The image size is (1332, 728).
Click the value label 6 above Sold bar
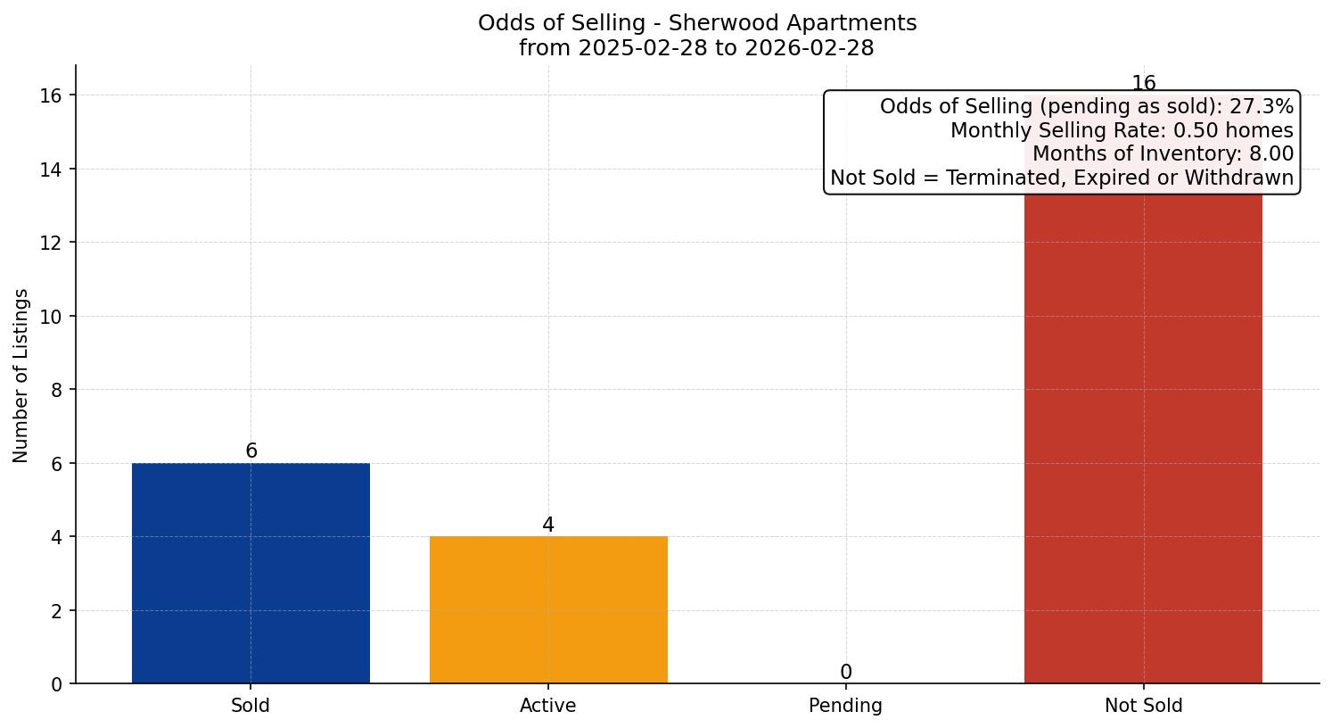pyautogui.click(x=251, y=451)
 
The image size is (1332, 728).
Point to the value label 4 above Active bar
pyautogui.click(x=548, y=525)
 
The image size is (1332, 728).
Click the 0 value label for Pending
pyautogui.click(x=845, y=673)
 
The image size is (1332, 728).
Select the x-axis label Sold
pyautogui.click(x=251, y=706)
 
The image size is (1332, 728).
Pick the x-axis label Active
pyautogui.click(x=548, y=706)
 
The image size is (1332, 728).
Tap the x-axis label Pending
pyautogui.click(x=845, y=706)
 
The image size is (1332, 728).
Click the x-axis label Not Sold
pyautogui.click(x=1143, y=706)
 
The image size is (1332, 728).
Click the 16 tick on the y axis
pyautogui.click(x=51, y=95)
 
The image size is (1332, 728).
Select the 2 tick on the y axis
pyautogui.click(x=56, y=611)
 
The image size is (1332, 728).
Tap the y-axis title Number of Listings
pyautogui.click(x=21, y=376)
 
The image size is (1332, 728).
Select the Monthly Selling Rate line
pyautogui.click(x=1121, y=131)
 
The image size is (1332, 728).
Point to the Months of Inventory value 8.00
pyautogui.click(x=1271, y=154)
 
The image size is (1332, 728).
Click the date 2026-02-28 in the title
pyautogui.click(x=810, y=48)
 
